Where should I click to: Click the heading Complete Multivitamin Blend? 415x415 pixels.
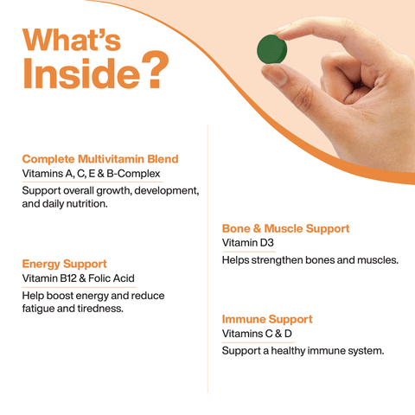(x=100, y=159)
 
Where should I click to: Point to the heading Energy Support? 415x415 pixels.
(x=64, y=263)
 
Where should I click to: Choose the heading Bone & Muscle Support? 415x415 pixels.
(x=285, y=228)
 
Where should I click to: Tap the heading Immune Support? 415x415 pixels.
(x=267, y=319)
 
